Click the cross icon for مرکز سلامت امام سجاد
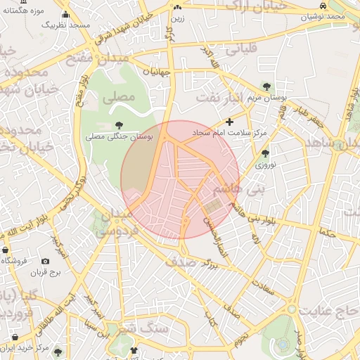point(229,122)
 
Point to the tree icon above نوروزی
point(265,153)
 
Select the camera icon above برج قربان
point(46,261)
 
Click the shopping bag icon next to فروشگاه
point(6,250)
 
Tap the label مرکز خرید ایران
point(25,347)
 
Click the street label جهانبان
point(157,71)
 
